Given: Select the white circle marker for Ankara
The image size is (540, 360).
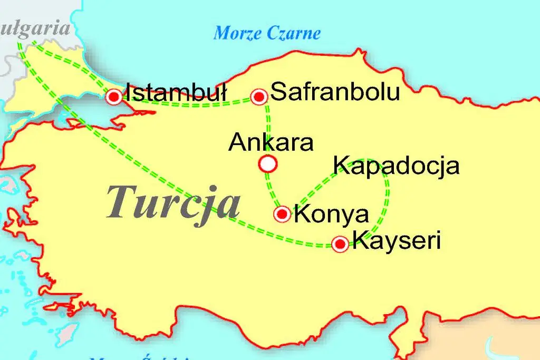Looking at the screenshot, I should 268,164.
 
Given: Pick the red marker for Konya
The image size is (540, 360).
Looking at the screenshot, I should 283,213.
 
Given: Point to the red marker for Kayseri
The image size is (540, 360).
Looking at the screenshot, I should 340,244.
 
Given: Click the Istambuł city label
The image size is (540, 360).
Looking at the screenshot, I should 176,93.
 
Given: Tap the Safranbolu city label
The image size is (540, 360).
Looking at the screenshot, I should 335,93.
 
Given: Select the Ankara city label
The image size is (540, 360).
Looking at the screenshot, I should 271,143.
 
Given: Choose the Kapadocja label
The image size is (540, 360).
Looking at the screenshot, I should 397,166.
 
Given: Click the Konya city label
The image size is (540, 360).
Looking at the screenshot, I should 331,214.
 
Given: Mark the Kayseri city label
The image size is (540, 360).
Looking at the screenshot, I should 396,242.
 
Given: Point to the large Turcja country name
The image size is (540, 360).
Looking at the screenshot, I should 173,203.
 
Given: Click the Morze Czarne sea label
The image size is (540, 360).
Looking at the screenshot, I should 267,34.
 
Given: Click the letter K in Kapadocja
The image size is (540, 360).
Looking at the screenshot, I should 342,166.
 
